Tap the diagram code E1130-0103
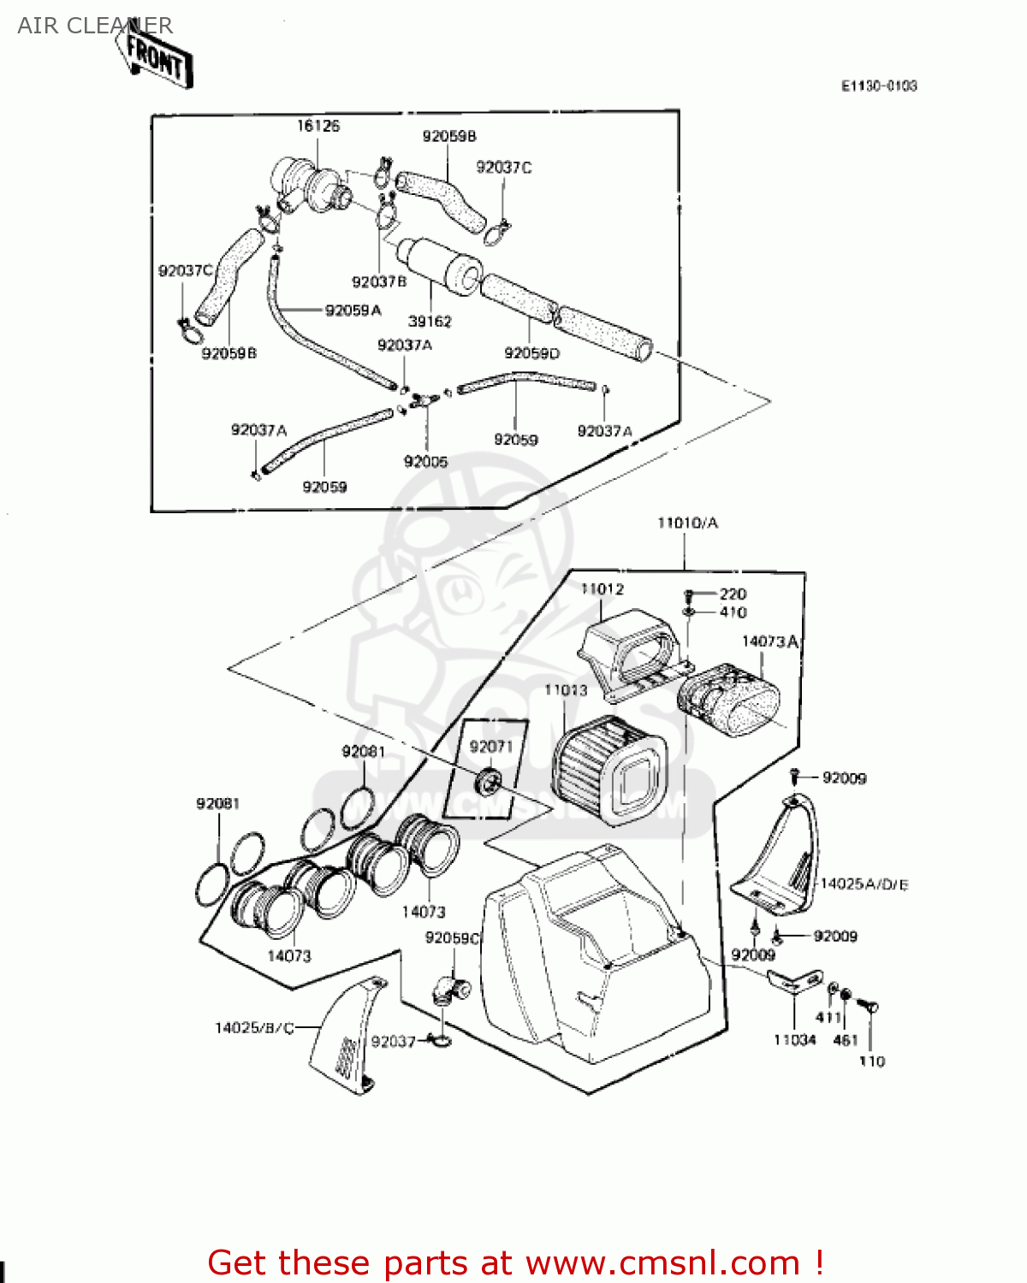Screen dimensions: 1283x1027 click(879, 86)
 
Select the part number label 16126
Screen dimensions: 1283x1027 click(318, 126)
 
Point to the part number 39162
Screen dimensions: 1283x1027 click(430, 322)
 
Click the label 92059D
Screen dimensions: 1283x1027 click(531, 353)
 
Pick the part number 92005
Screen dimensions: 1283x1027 click(425, 462)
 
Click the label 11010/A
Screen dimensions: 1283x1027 click(687, 523)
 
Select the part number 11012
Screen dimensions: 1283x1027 click(602, 589)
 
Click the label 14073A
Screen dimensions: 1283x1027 click(769, 641)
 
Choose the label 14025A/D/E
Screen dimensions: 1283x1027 click(864, 884)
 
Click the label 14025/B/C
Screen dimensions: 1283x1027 click(254, 1027)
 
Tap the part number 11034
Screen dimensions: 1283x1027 click(794, 1040)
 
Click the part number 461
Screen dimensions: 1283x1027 click(845, 1040)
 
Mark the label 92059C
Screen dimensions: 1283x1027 click(453, 938)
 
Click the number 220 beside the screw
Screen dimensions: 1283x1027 click(733, 594)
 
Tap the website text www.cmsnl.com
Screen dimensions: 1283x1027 click(662, 1263)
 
